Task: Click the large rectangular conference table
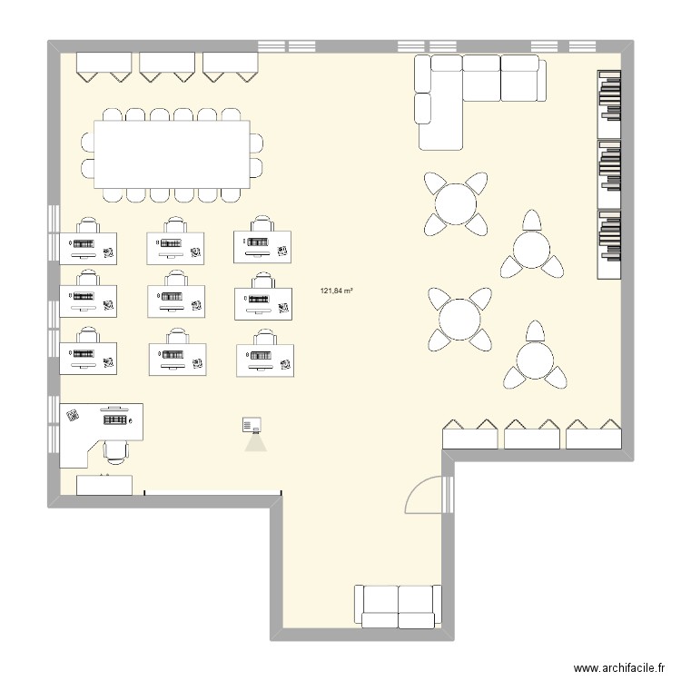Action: click(x=173, y=154)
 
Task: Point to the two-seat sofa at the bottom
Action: click(x=398, y=606)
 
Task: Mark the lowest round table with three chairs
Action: click(x=534, y=360)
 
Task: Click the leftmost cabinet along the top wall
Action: click(x=104, y=66)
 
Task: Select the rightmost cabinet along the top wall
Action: click(x=231, y=66)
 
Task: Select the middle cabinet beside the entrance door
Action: click(x=532, y=436)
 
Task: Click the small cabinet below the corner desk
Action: click(x=104, y=485)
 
